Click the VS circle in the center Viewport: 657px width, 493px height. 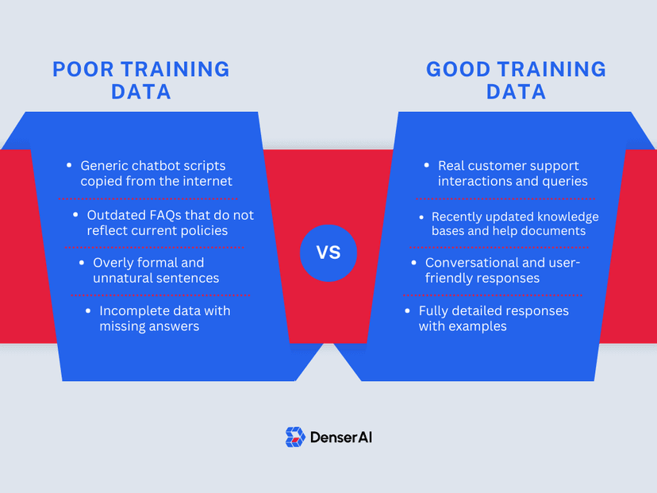pos(328,253)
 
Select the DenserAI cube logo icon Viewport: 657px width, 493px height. pos(295,437)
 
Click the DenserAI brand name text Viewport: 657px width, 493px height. pos(340,437)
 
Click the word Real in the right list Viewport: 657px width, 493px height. pos(452,166)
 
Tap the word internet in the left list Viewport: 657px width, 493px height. pos(206,181)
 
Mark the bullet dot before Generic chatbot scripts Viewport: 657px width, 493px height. pos(71,166)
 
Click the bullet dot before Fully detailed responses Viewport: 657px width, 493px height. pos(409,310)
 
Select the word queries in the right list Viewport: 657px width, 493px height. pos(564,181)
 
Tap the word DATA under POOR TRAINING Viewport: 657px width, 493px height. pos(140,91)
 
